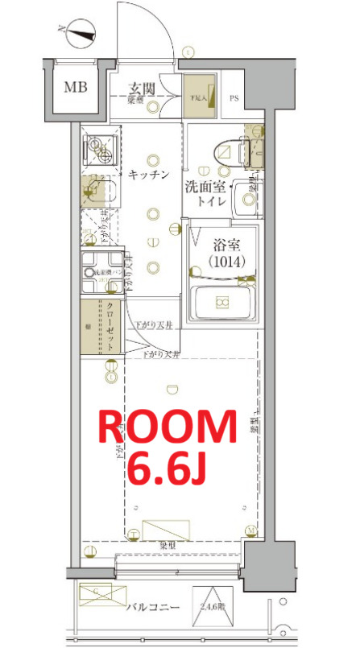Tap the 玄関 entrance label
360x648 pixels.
click(x=144, y=88)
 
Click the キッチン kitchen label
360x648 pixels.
click(x=148, y=174)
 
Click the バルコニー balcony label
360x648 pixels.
click(x=151, y=609)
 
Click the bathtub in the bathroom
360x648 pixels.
click(x=221, y=303)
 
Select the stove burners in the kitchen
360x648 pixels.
click(x=99, y=148)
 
